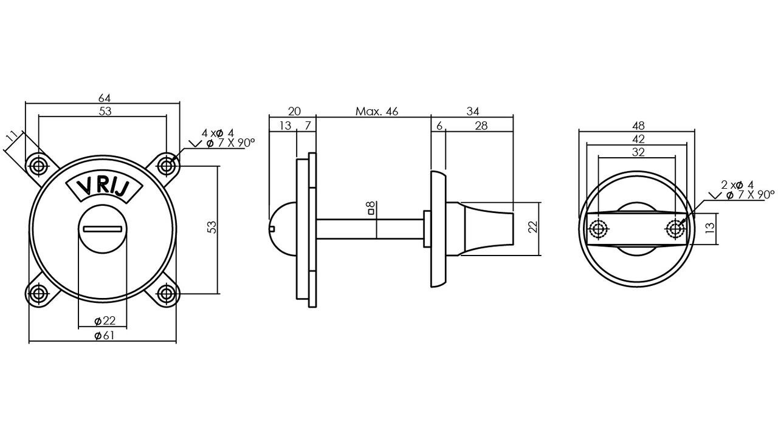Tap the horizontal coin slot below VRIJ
pos(104,229)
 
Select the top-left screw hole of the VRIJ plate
pos(38,164)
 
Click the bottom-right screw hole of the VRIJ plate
pos(167,294)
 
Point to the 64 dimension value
pos(104,98)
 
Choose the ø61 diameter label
pos(105,336)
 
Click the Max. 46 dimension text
pos(377,111)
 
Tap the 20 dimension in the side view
pos(294,111)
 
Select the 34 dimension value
pos(473,111)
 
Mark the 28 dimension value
pos(481,126)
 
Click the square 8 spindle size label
pos(370,209)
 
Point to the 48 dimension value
pos(638,126)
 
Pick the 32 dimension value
pos(638,152)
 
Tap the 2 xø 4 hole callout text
pos(737,185)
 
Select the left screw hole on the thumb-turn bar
pos(599,229)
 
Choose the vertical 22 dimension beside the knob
pos(533,227)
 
